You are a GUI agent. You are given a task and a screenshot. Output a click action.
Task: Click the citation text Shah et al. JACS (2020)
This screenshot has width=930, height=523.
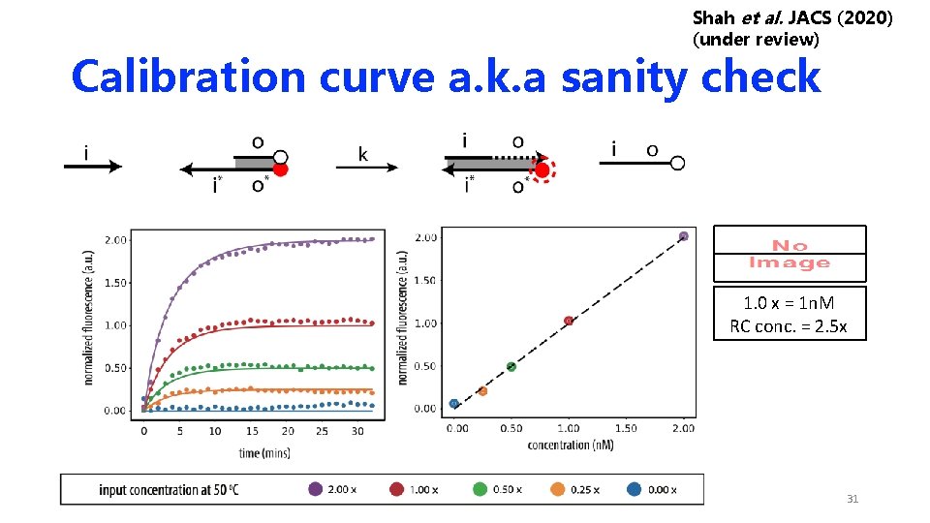(793, 17)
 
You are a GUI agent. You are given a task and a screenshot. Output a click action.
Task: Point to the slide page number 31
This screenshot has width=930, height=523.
(852, 499)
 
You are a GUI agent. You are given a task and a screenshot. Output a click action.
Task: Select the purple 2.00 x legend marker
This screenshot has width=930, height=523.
(316, 489)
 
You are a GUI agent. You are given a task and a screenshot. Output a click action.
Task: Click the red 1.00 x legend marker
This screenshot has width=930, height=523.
(397, 489)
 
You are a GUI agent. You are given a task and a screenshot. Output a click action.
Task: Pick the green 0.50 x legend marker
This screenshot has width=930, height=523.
(480, 489)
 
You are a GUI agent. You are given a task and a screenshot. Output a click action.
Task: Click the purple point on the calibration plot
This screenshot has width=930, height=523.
(683, 235)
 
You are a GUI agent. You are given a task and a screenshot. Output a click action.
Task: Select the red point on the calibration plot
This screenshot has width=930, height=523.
(569, 321)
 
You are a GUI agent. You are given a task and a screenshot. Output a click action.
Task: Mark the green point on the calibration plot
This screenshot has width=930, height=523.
(511, 366)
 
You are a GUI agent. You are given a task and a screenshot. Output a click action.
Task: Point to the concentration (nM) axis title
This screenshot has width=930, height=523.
(570, 445)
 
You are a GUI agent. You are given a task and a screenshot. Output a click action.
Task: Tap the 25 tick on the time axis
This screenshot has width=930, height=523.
(323, 431)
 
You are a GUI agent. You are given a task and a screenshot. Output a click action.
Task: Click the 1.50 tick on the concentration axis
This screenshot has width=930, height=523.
(626, 428)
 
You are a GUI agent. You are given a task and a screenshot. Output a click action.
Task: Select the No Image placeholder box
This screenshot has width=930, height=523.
(790, 254)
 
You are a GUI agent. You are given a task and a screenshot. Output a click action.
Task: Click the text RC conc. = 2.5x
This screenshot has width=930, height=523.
(789, 327)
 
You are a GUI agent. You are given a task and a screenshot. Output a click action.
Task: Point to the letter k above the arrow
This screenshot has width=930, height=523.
(362, 153)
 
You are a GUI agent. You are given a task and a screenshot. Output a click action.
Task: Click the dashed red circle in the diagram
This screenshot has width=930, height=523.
(542, 171)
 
